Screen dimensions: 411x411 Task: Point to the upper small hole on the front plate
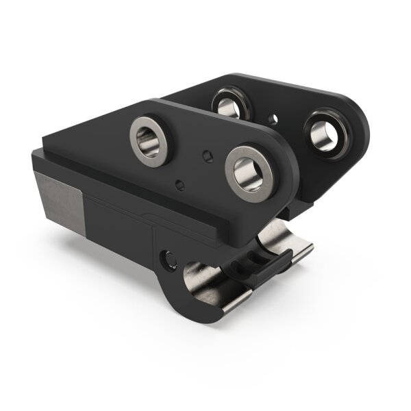pos(206,156)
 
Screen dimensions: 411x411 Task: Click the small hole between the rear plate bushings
pos(274,119)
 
